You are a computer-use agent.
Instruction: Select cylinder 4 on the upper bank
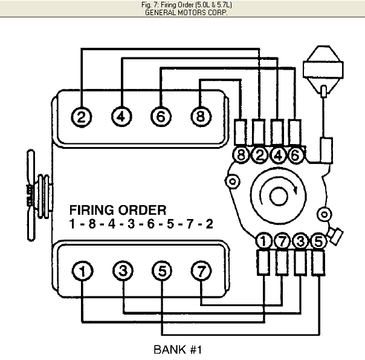point(121,116)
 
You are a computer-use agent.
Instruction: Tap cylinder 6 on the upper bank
point(160,116)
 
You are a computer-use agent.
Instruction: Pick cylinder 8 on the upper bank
point(199,116)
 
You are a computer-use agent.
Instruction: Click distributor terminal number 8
point(241,155)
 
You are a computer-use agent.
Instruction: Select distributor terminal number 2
point(259,155)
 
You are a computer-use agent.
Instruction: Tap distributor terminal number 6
point(295,155)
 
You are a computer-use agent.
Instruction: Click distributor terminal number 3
point(300,241)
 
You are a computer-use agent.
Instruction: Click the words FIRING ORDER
point(117,211)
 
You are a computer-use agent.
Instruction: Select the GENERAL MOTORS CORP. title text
point(182,12)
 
